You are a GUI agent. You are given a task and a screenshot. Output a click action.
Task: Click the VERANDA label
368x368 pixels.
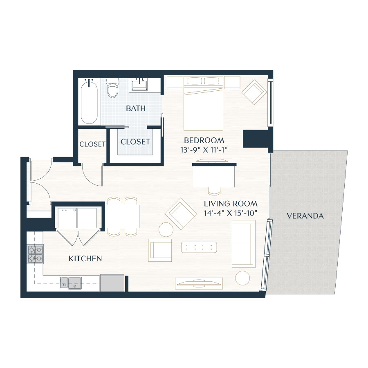pos(305,216)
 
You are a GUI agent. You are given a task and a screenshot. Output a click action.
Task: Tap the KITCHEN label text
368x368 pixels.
pos(85,258)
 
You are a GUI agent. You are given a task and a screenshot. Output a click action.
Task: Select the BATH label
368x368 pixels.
pos(136,108)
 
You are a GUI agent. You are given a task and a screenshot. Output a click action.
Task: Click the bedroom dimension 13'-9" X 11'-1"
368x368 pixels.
pos(204,150)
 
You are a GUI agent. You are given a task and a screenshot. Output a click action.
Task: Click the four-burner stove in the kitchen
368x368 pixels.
pos(35,254)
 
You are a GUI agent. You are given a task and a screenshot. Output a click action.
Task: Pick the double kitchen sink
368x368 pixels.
pos(71,282)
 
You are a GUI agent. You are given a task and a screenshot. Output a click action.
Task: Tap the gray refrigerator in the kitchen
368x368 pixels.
pos(112,283)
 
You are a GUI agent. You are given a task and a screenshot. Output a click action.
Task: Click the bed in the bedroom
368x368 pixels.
pos(204,104)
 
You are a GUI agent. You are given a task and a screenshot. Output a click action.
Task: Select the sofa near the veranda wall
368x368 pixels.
pos(243,244)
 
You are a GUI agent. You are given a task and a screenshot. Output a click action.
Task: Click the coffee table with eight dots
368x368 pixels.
pos(199,247)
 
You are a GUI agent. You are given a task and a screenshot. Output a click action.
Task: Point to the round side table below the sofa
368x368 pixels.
pos(243,278)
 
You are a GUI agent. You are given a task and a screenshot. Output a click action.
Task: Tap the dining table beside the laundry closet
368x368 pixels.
pos(123,216)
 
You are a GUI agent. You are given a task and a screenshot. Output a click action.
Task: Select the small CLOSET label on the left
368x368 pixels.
pos(92,144)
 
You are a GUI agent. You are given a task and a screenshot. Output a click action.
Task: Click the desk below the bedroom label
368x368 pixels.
pos(214,175)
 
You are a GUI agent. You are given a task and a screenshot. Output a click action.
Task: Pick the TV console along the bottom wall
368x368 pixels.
pos(199,283)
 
